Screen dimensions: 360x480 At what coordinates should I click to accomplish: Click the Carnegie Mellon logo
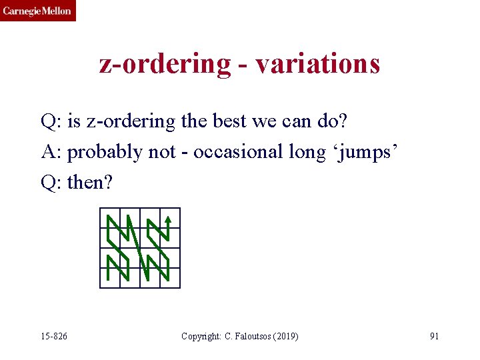point(38,11)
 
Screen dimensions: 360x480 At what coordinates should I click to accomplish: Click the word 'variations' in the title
point(317,64)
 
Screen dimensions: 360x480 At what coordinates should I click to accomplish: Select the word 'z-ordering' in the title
point(164,65)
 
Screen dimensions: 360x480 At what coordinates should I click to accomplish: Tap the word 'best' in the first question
point(227,122)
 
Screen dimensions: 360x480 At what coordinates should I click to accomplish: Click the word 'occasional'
point(238,152)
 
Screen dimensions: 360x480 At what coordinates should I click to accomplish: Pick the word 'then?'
point(91,181)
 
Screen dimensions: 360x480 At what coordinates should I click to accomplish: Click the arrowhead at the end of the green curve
point(169,217)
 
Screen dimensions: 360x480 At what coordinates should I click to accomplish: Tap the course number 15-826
point(53,336)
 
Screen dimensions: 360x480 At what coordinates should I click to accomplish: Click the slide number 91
point(434,336)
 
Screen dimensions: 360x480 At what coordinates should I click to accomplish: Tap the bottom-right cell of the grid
point(170,277)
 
